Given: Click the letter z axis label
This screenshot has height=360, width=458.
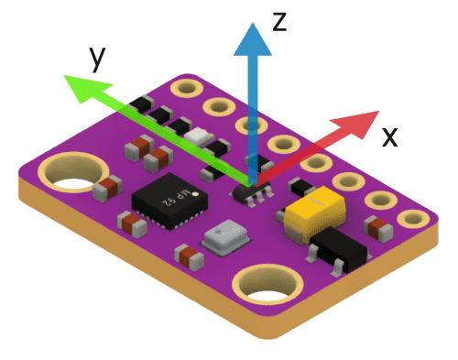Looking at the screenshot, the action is tap(279, 22).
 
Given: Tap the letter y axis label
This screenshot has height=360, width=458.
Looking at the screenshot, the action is tap(97, 59).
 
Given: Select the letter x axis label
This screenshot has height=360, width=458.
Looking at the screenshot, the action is tap(390, 137).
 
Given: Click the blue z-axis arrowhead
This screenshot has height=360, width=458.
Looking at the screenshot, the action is tap(253, 39).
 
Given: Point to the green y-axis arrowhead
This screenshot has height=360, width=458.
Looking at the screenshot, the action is tap(86, 88).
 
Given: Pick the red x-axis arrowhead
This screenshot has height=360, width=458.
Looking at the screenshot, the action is tap(357, 124).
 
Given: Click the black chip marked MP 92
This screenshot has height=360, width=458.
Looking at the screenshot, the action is tap(169, 201).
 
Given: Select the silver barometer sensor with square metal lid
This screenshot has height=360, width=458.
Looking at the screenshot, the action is tap(225, 237).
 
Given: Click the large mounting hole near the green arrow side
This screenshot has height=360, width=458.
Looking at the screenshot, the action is tap(73, 172).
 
